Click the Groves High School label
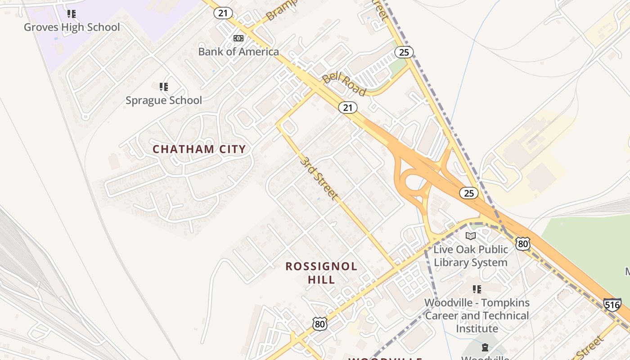coord(72,27)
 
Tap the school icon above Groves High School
coord(72,14)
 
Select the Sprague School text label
coord(164,100)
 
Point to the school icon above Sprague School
coord(164,86)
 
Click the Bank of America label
coord(238,52)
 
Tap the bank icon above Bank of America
coord(238,38)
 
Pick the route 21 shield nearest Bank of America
coord(223,13)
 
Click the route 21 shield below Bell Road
coord(348,108)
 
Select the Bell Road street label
coord(344,84)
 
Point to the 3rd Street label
coord(319,179)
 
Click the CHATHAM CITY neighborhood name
coord(199,149)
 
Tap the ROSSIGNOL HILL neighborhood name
coord(321,273)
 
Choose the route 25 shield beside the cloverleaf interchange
coord(468,193)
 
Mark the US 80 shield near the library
coord(522,244)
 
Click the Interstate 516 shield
coord(612,305)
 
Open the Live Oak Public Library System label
coord(471,256)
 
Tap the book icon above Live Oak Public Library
coord(471,236)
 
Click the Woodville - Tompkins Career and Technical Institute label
coord(477,315)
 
